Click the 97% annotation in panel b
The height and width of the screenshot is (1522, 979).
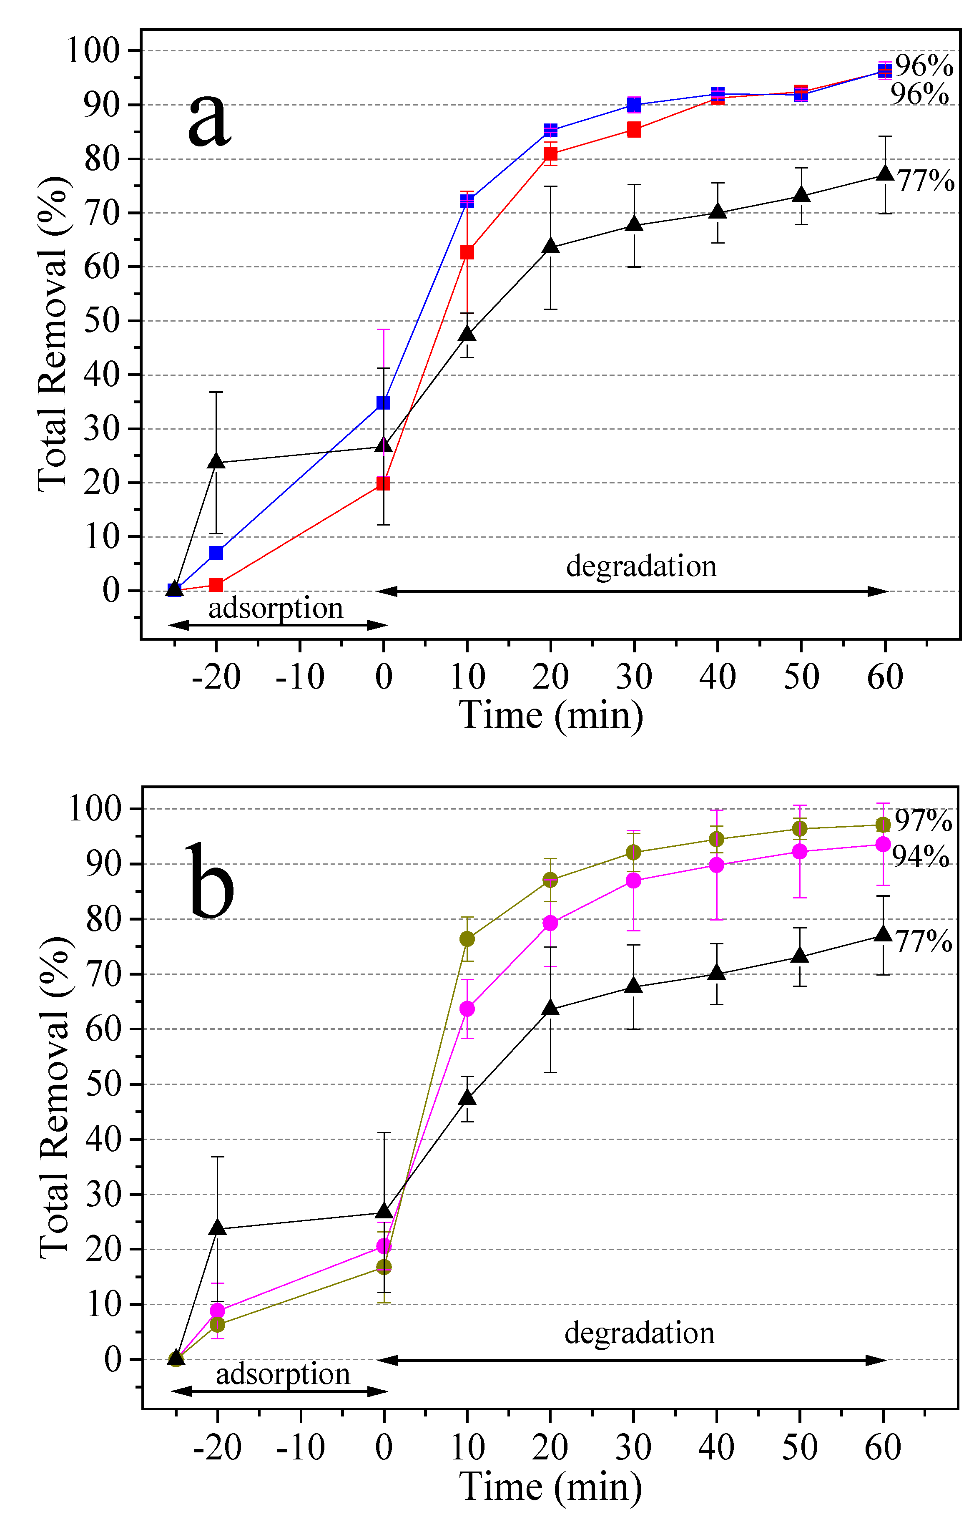coord(923,821)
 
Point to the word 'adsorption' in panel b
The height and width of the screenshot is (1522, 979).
coord(283,1374)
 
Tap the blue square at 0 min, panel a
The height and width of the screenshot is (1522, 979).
coord(383,403)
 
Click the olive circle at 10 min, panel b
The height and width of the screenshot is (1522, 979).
coord(467,938)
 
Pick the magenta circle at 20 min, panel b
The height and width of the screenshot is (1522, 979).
coord(550,923)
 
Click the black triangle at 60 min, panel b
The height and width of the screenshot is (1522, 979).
coord(883,934)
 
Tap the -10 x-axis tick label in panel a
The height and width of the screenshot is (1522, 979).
coord(299,677)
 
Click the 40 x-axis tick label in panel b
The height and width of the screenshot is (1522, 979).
coord(716,1448)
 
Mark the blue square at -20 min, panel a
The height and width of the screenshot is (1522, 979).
coord(216,553)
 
